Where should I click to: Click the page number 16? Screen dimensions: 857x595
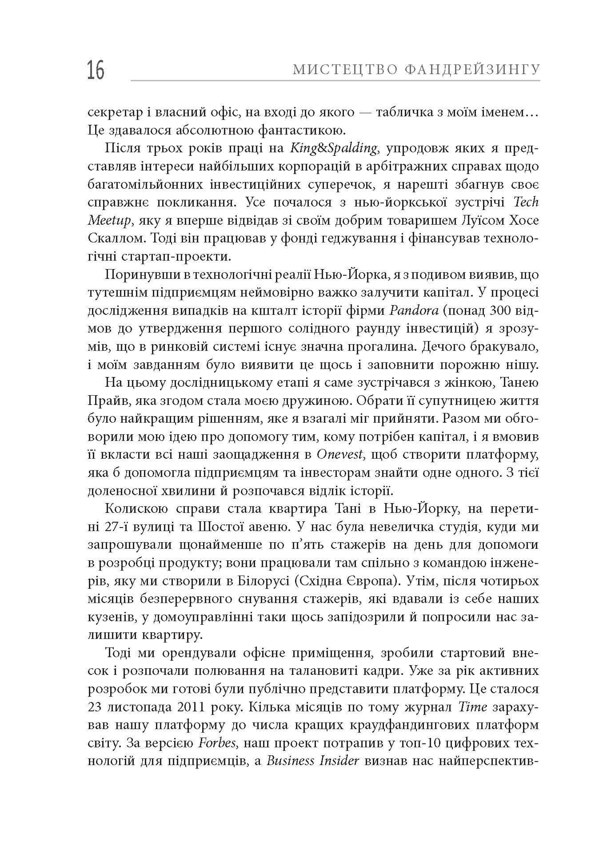96,70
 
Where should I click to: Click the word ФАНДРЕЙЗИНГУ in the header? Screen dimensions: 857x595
472,70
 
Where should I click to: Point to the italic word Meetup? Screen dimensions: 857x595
109,220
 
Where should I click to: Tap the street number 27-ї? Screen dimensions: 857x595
117,527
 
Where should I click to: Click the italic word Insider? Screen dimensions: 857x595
339,762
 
